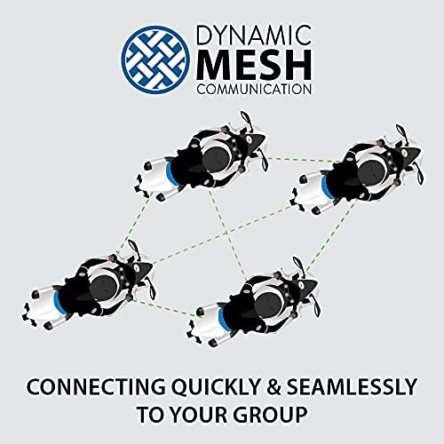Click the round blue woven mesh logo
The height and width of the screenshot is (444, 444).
point(156,58)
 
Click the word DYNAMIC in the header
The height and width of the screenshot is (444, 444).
point(254,36)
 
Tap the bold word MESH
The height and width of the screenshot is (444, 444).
point(254,65)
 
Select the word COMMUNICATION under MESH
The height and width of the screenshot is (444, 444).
point(254,89)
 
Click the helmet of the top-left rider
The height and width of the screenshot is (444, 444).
point(218,161)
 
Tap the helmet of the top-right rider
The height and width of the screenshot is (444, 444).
point(373,175)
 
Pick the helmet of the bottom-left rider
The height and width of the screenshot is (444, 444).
point(105,286)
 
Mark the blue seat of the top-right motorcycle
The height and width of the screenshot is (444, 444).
point(328,187)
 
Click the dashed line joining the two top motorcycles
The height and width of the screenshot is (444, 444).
point(304,160)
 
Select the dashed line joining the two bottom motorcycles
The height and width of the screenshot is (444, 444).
point(164,308)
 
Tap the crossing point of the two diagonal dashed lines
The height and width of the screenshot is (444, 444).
point(228,232)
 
